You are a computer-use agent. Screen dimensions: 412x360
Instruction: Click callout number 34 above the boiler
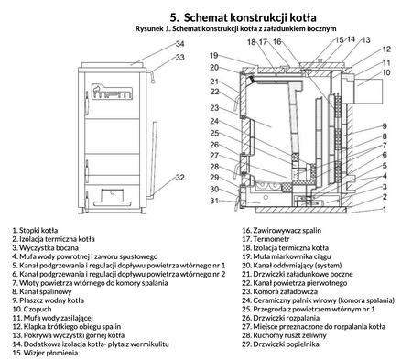coord(179,44)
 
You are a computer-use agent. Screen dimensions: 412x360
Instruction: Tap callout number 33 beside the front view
coord(180,58)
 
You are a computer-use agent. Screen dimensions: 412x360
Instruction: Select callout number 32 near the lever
coord(180,178)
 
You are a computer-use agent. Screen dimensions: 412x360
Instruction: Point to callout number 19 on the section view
coord(214,56)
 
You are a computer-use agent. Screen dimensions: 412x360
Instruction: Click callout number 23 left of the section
coord(214,108)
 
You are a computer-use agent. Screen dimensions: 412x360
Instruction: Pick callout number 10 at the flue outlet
coord(386,72)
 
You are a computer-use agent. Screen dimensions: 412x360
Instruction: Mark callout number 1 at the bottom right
coord(385,209)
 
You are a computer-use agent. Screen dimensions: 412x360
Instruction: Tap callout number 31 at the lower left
coord(214,201)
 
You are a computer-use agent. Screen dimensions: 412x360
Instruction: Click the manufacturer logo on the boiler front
coord(112,91)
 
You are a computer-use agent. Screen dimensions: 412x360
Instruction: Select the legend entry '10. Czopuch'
coord(32,310)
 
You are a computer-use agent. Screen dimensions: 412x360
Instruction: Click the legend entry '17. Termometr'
coord(266,239)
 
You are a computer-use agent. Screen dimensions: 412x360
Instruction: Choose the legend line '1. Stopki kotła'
coord(35,231)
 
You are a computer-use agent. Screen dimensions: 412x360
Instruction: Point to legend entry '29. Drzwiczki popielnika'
coord(281,344)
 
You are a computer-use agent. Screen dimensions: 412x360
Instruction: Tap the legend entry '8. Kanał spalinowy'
coord(42,291)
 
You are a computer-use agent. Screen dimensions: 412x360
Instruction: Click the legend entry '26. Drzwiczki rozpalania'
coord(281,318)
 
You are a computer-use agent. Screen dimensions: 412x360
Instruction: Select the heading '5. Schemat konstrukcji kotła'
coord(244,17)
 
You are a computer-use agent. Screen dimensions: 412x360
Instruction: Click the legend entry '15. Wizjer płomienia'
coord(45,353)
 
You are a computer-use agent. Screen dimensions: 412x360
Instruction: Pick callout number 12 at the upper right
coord(386,49)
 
